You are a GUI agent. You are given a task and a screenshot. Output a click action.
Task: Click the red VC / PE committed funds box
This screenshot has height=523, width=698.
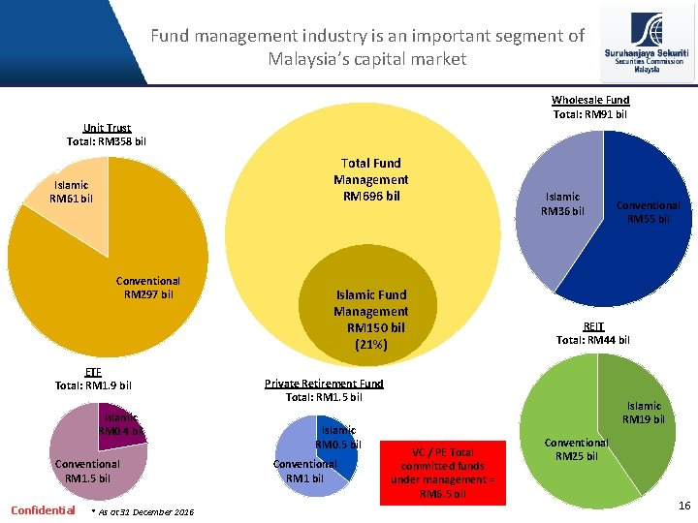[x=442, y=472]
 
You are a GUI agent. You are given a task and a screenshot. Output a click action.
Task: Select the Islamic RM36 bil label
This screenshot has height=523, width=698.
[x=562, y=203]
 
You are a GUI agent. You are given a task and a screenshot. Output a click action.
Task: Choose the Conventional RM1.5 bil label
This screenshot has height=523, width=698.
[x=87, y=471]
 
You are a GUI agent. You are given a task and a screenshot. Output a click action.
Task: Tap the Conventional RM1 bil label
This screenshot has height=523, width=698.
[x=303, y=471]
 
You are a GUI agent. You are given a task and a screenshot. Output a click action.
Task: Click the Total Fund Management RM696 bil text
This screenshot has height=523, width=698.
[x=370, y=179]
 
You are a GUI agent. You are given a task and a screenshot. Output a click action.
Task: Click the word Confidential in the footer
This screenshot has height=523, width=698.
[x=43, y=510]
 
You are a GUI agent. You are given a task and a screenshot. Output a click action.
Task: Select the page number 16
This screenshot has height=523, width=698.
[x=684, y=506]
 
